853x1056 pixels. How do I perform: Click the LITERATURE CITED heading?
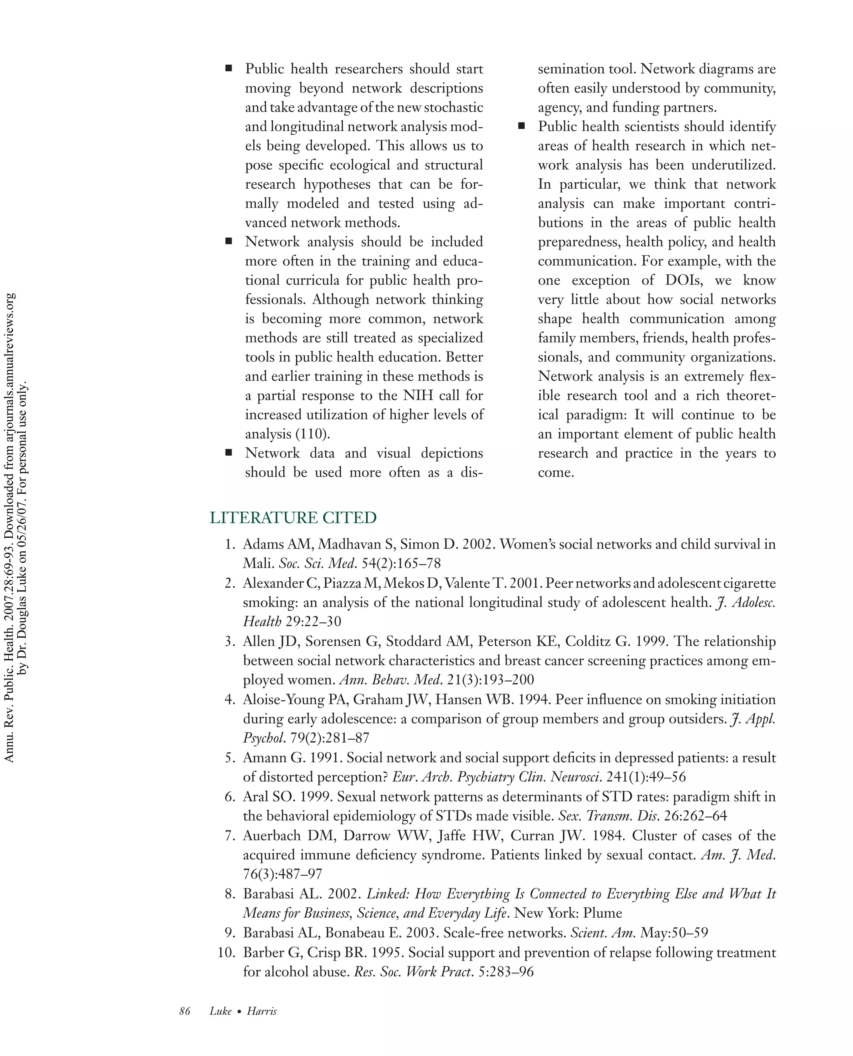pyautogui.click(x=293, y=517)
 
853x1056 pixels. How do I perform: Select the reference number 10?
pyautogui.click(x=227, y=952)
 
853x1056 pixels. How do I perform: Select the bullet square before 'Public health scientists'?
pyautogui.click(x=521, y=126)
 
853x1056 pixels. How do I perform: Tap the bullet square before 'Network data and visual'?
pyautogui.click(x=229, y=452)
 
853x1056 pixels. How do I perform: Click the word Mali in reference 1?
pyautogui.click(x=257, y=563)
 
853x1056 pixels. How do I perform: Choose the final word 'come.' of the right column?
pyautogui.click(x=556, y=473)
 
